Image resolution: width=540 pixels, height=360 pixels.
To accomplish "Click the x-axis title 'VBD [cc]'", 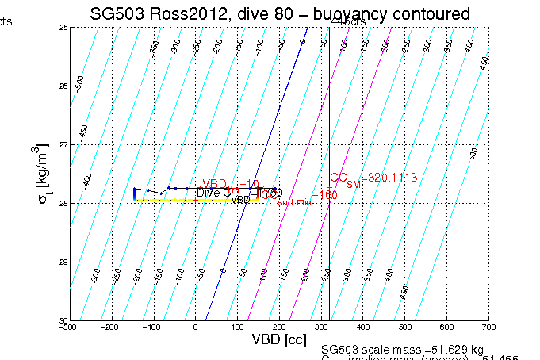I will tap(278, 339).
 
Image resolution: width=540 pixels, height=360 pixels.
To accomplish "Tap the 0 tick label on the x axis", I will tap(196, 326).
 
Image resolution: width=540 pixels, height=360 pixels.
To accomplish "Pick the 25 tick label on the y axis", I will tap(62, 27).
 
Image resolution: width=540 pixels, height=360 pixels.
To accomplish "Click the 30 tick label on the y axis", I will tap(62, 320).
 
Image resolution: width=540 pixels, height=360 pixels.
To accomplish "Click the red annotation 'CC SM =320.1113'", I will tap(373, 178).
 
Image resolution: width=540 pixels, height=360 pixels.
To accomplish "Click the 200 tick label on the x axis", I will tap(279, 326).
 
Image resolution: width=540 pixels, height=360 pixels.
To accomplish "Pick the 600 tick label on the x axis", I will tap(446, 326).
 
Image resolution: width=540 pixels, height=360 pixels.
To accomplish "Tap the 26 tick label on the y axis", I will tap(62, 86).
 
